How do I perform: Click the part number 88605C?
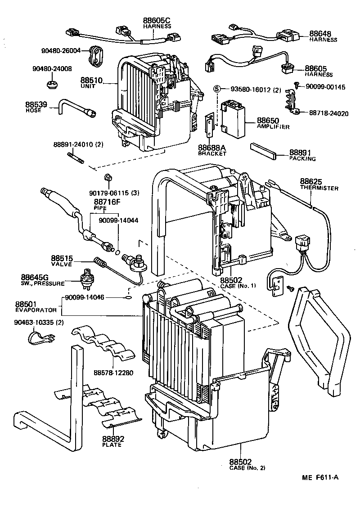(x=157, y=20)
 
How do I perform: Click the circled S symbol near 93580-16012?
(x=217, y=90)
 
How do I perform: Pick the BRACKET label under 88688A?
(x=211, y=153)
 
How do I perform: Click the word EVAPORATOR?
(x=36, y=310)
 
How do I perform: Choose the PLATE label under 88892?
(x=112, y=445)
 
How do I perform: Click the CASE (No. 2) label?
(x=247, y=468)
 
